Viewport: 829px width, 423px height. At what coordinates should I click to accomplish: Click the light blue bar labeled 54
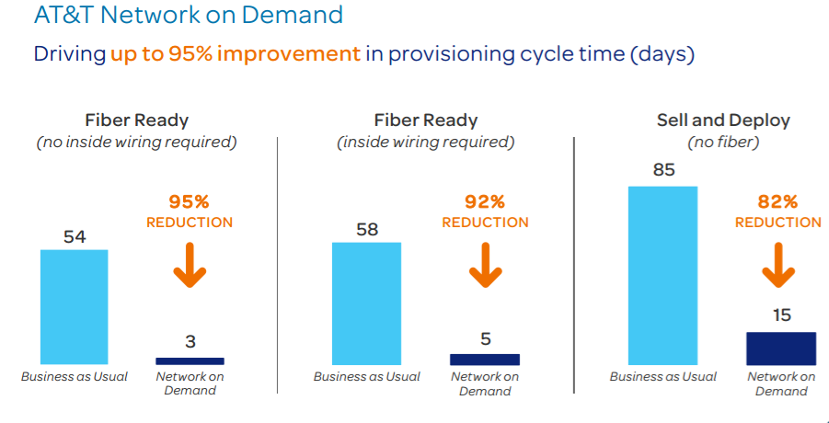75,307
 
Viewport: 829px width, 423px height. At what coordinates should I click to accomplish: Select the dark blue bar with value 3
190,360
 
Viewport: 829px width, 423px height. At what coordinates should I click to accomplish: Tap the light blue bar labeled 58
366,303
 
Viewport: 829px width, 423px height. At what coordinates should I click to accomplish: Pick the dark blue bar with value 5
484,359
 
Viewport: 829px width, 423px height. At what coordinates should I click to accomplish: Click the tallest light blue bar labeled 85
662,276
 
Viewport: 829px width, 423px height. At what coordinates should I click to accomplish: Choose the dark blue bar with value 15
781,349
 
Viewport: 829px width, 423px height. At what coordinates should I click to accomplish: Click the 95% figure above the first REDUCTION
190,201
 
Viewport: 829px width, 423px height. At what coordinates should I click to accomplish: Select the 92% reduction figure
485,201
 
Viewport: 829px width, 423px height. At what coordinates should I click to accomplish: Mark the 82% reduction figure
777,201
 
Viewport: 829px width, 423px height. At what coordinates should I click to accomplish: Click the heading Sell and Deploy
723,120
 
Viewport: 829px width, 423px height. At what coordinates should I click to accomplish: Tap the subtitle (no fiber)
723,143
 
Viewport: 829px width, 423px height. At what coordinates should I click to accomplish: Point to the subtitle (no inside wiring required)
136,143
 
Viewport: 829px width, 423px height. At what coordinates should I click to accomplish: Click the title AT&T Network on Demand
188,16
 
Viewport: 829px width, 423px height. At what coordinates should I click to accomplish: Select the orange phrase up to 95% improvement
236,53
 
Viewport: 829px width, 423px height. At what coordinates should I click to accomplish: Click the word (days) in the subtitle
662,53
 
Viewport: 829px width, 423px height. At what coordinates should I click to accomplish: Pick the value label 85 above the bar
663,170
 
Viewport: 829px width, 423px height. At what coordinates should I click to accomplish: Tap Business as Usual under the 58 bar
366,376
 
